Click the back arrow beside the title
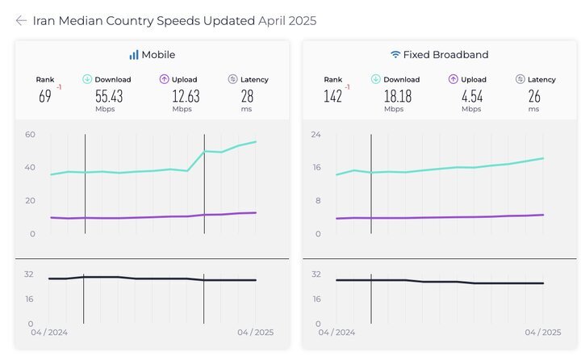click(21, 21)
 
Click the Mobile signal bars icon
click(133, 55)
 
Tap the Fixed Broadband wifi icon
click(395, 55)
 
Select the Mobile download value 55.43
click(109, 96)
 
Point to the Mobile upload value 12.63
click(186, 96)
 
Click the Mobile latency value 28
click(247, 96)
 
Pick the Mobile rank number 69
click(45, 96)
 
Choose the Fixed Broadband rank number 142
click(332, 96)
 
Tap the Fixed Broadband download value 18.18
click(398, 96)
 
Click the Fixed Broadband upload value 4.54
click(472, 96)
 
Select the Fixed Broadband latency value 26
click(534, 96)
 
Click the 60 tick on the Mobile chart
click(31, 134)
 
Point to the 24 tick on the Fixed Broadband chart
click(316, 134)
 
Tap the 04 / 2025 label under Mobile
click(255, 333)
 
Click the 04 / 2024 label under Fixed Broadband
click(336, 333)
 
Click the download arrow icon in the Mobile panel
click(87, 79)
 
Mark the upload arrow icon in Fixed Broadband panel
click(454, 79)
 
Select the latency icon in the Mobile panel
click(232, 79)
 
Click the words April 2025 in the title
click(287, 21)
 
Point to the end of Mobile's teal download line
click(256, 141)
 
